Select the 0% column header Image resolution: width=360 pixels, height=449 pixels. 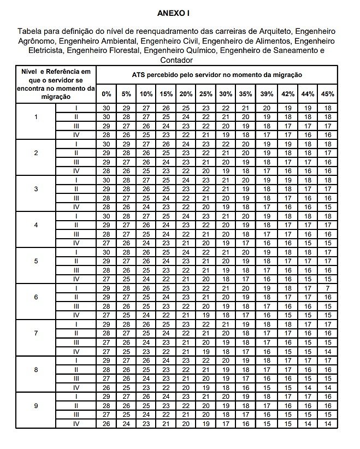pyautogui.click(x=107, y=94)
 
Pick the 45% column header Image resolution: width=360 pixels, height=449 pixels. pyautogui.click(x=327, y=94)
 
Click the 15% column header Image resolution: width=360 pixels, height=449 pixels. pyautogui.click(x=166, y=94)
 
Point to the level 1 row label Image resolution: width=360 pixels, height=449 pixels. pyautogui.click(x=36, y=117)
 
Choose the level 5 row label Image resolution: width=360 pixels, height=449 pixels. pyautogui.click(x=36, y=261)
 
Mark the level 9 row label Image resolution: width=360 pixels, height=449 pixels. pyautogui.click(x=36, y=406)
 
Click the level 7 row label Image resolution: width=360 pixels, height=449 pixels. pyautogui.click(x=36, y=333)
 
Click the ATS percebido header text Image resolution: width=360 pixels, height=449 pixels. pyautogui.click(x=217, y=74)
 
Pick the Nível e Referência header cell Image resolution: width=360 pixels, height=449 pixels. pyautogui.click(x=56, y=84)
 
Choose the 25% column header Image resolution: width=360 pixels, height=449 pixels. pyautogui.click(x=206, y=94)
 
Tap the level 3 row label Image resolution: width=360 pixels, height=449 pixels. pyautogui.click(x=36, y=189)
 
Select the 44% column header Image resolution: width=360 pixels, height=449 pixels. pyautogui.click(x=308, y=94)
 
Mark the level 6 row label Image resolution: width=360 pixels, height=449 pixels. pyautogui.click(x=36, y=297)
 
